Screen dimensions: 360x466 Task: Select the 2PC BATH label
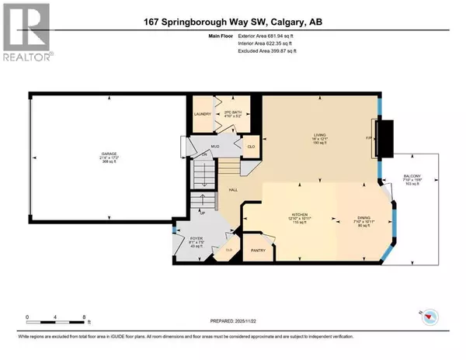pos(224,113)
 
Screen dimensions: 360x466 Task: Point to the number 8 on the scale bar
pos(83,317)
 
